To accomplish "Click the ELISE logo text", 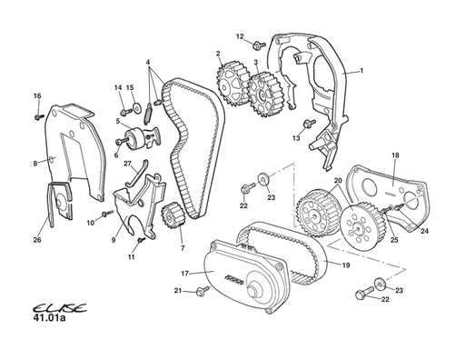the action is point(59,308).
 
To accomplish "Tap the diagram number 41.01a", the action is point(48,318).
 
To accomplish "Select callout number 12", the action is point(240,36).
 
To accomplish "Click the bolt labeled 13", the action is point(309,124).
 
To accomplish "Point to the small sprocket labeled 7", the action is point(172,215).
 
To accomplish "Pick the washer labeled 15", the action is point(137,108).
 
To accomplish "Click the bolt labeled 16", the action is point(39,116).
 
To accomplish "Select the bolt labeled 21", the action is point(203,290).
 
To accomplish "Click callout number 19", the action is point(346,265).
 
